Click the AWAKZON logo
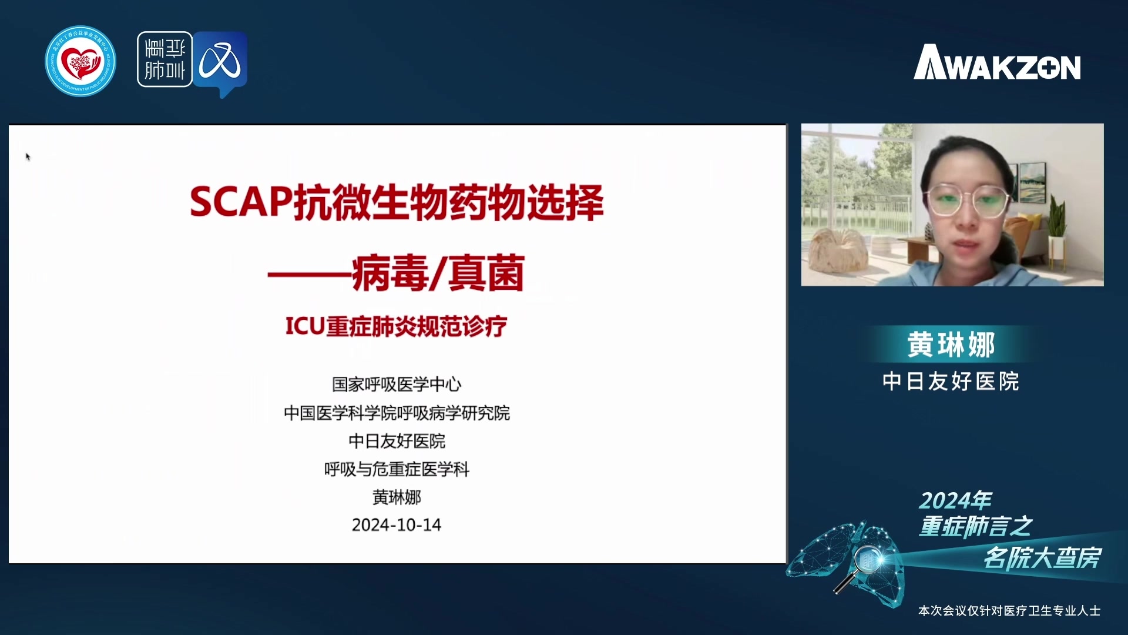click(997, 62)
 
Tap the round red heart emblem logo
click(80, 61)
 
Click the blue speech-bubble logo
click(221, 63)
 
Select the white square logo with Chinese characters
click(164, 59)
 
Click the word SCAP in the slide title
click(241, 202)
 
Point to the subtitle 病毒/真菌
click(438, 273)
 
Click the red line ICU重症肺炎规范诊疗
click(396, 326)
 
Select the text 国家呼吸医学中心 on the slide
click(397, 385)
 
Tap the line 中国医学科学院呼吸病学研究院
click(397, 413)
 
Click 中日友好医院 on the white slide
click(397, 441)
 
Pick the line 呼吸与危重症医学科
click(397, 469)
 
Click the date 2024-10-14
click(397, 525)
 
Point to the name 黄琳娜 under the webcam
click(951, 345)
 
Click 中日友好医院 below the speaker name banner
click(951, 382)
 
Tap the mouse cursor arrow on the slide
click(28, 156)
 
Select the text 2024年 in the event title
click(955, 500)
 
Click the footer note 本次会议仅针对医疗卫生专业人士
click(1009, 611)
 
